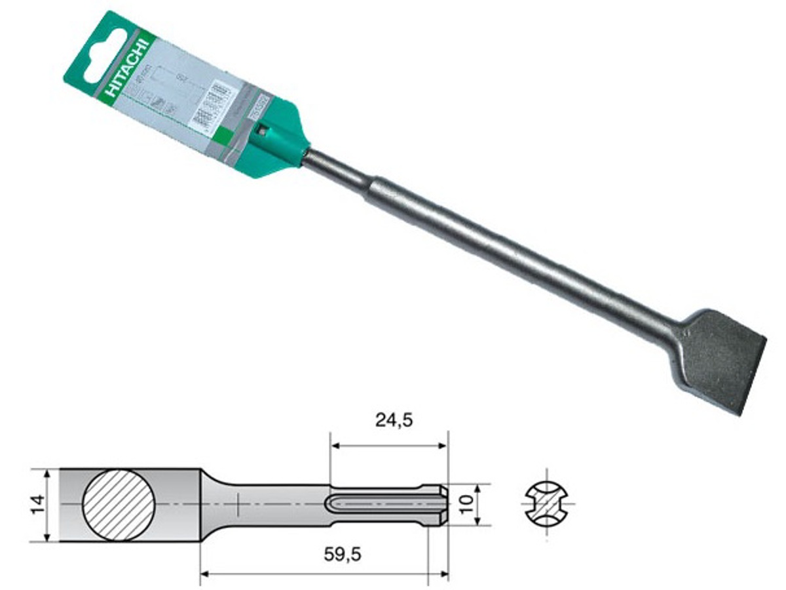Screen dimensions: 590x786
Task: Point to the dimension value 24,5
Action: (394, 420)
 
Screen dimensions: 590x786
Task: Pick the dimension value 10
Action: (466, 505)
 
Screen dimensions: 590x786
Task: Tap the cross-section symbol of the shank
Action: (548, 505)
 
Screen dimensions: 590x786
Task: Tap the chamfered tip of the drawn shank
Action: (443, 505)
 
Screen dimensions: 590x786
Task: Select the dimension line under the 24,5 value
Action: (389, 446)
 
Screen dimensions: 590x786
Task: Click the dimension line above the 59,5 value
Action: (324, 574)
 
